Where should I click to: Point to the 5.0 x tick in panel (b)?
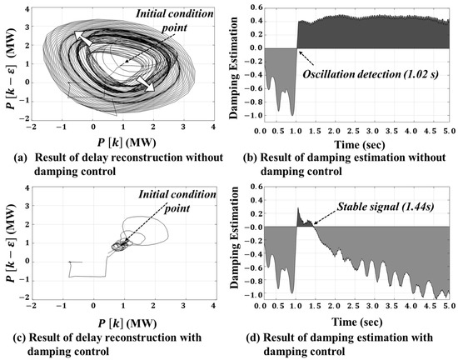pos(446,132)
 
